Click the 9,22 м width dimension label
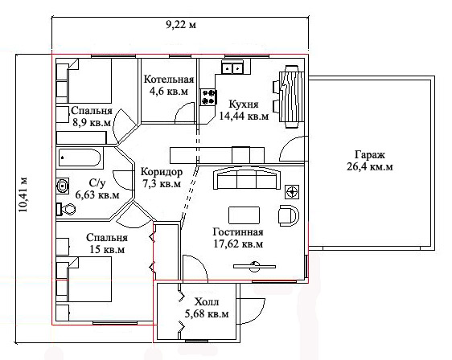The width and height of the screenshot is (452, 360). pos(181,25)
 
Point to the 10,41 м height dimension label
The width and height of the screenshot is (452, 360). pos(23,194)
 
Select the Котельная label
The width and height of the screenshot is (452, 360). pos(169,80)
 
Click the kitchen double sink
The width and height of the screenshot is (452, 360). pos(232,68)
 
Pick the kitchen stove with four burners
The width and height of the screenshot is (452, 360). pos(208,96)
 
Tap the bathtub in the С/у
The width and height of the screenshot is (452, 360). pos(80,157)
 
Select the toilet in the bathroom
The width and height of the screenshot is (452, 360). pos(66,209)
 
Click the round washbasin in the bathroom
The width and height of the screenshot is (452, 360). pos(63,186)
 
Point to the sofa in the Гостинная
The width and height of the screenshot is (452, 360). pos(246,179)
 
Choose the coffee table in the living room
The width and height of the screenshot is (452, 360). pos(244,215)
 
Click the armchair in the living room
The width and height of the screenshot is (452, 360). pos(289,215)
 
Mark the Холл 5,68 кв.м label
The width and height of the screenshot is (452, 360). pos(207,308)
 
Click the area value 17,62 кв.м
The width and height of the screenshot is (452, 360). pos(238,244)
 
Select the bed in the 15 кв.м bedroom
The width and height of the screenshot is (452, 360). pos(89,280)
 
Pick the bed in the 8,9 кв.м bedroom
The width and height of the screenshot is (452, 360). pos(89,80)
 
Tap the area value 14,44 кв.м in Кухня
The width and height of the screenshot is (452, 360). pos(244,116)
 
